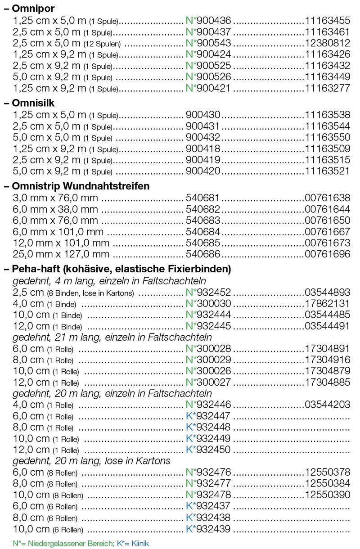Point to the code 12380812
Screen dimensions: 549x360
pyautogui.click(x=327, y=43)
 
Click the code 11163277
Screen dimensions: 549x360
pyautogui.click(x=327, y=88)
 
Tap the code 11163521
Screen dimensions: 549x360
pyautogui.click(x=327, y=171)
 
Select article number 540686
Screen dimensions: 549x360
pyautogui.click(x=203, y=254)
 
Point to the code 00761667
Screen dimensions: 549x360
pyautogui.click(x=327, y=232)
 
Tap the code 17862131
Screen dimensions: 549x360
pyautogui.click(x=327, y=304)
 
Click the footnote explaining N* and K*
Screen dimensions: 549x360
pyautogui.click(x=81, y=543)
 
